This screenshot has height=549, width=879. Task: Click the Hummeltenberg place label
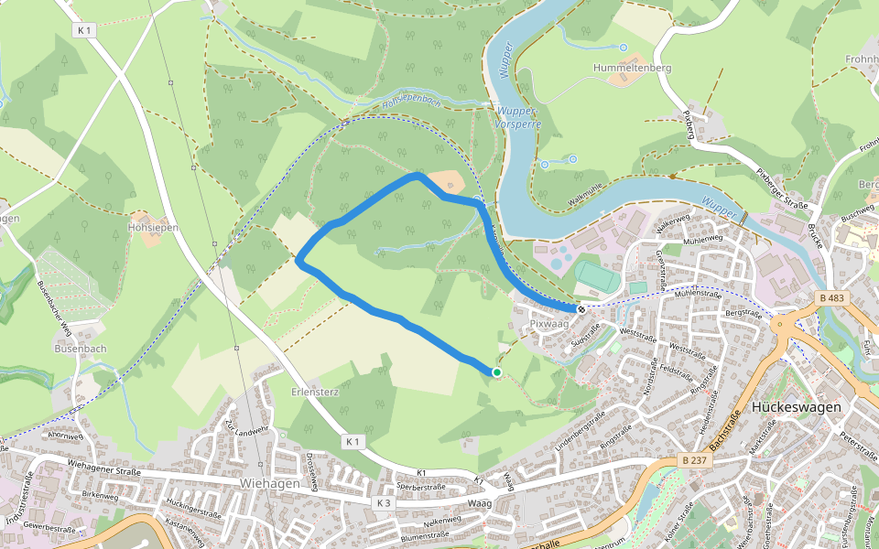tap(632, 68)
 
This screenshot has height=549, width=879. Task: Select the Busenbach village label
tap(81, 349)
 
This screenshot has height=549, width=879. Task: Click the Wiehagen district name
tap(269, 482)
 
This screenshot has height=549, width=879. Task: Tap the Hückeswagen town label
tap(795, 407)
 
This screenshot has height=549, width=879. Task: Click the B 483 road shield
tap(831, 298)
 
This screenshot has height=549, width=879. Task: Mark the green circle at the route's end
tap(496, 372)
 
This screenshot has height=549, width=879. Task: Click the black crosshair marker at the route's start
tap(581, 308)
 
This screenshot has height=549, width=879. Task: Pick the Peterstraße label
tap(858, 447)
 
